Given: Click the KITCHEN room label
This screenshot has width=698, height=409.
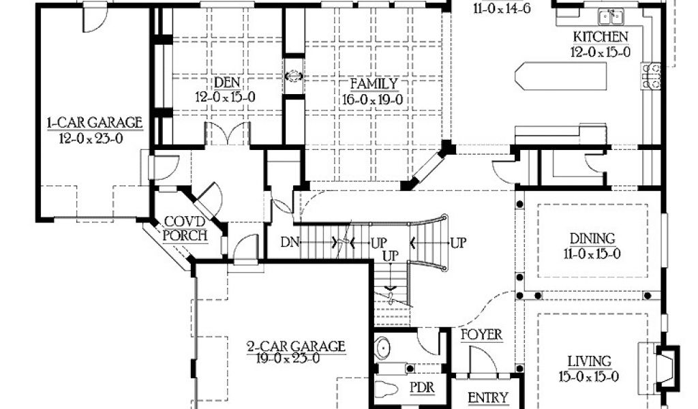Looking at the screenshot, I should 601,36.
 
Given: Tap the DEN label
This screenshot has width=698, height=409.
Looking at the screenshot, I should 226,82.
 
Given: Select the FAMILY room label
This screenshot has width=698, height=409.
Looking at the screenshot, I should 374,84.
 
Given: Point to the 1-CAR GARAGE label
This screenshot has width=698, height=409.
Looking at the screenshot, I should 94,123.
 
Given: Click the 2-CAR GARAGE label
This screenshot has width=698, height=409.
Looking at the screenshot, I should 296,346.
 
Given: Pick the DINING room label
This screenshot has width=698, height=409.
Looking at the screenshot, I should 592,239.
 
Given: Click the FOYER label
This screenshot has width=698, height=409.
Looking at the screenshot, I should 481,335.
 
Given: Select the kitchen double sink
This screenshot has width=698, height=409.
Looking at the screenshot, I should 611,16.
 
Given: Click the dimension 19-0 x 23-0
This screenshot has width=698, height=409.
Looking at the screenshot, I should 296,360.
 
